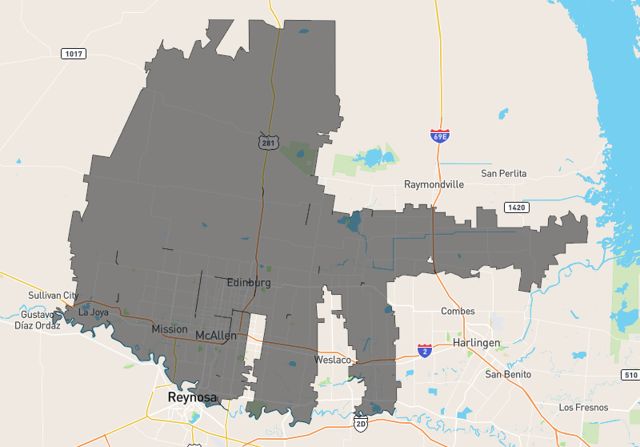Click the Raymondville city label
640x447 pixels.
pos(434,184)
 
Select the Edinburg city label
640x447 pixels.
pos(249,283)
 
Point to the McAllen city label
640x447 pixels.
pos(216,336)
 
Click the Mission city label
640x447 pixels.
pos(170,329)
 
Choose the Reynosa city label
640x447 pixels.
pos(192,397)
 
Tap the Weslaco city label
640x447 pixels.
pos(333,360)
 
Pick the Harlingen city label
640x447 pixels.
pos(476,343)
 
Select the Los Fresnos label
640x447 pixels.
pos(583,408)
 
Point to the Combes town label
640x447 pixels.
pos(458,312)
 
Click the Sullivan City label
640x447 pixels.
pos(52,296)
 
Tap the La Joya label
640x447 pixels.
pos(93,312)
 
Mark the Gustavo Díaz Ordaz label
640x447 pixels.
pos(38,320)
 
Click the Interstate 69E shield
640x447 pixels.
pos(439,135)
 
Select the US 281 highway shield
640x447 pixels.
pos(267,142)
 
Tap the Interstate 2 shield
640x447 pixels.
pos(424,351)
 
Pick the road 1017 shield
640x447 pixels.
pos(74,54)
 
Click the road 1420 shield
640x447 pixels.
pos(516,207)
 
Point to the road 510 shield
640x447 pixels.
pos(630,375)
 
